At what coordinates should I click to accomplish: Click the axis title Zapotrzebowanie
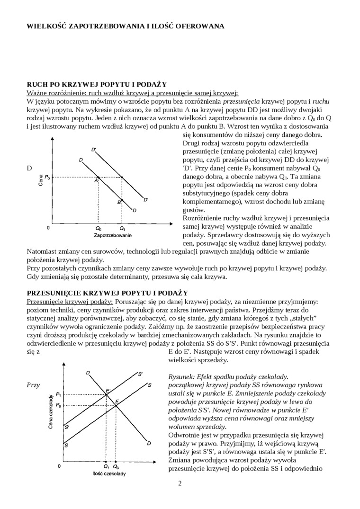coord(113,235)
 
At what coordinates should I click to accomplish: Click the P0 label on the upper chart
coord(48,177)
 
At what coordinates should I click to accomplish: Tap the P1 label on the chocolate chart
coord(58,394)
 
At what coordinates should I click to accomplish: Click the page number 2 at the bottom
coord(180,483)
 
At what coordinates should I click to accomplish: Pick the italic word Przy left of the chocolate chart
coord(33,385)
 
